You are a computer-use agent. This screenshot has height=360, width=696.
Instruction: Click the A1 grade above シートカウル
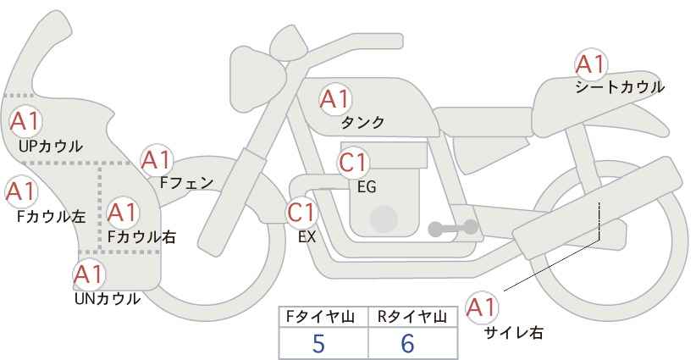[590, 65]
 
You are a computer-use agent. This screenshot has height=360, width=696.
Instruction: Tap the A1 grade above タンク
[334, 99]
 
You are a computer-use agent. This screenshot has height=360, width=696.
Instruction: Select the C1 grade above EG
[352, 163]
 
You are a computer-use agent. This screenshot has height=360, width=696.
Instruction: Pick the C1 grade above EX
[301, 213]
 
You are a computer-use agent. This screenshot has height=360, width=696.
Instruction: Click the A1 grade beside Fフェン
[156, 160]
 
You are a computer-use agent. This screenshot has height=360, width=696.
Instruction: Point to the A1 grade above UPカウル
[25, 121]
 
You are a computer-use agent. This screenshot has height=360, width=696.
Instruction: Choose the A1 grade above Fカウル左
[20, 191]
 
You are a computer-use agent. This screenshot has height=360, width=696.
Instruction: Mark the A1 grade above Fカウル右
[122, 213]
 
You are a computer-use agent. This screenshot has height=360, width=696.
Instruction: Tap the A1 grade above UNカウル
[88, 274]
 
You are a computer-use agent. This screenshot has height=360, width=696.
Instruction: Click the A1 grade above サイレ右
[481, 307]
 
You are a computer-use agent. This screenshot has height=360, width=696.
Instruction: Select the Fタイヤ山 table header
[320, 317]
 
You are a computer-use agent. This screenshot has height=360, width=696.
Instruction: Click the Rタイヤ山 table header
[412, 317]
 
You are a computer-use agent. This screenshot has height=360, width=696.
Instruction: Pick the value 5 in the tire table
[318, 343]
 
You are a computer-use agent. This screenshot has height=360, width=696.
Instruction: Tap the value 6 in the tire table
[407, 343]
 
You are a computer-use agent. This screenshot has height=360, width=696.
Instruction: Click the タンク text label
[362, 122]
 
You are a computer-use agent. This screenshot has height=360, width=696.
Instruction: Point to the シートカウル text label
[620, 87]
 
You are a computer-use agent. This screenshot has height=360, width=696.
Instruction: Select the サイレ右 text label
[514, 333]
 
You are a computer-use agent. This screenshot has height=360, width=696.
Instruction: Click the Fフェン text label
[186, 182]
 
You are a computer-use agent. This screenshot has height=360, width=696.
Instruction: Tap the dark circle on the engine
[384, 219]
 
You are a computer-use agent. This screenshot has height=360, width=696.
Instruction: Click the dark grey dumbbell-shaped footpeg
[453, 228]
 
